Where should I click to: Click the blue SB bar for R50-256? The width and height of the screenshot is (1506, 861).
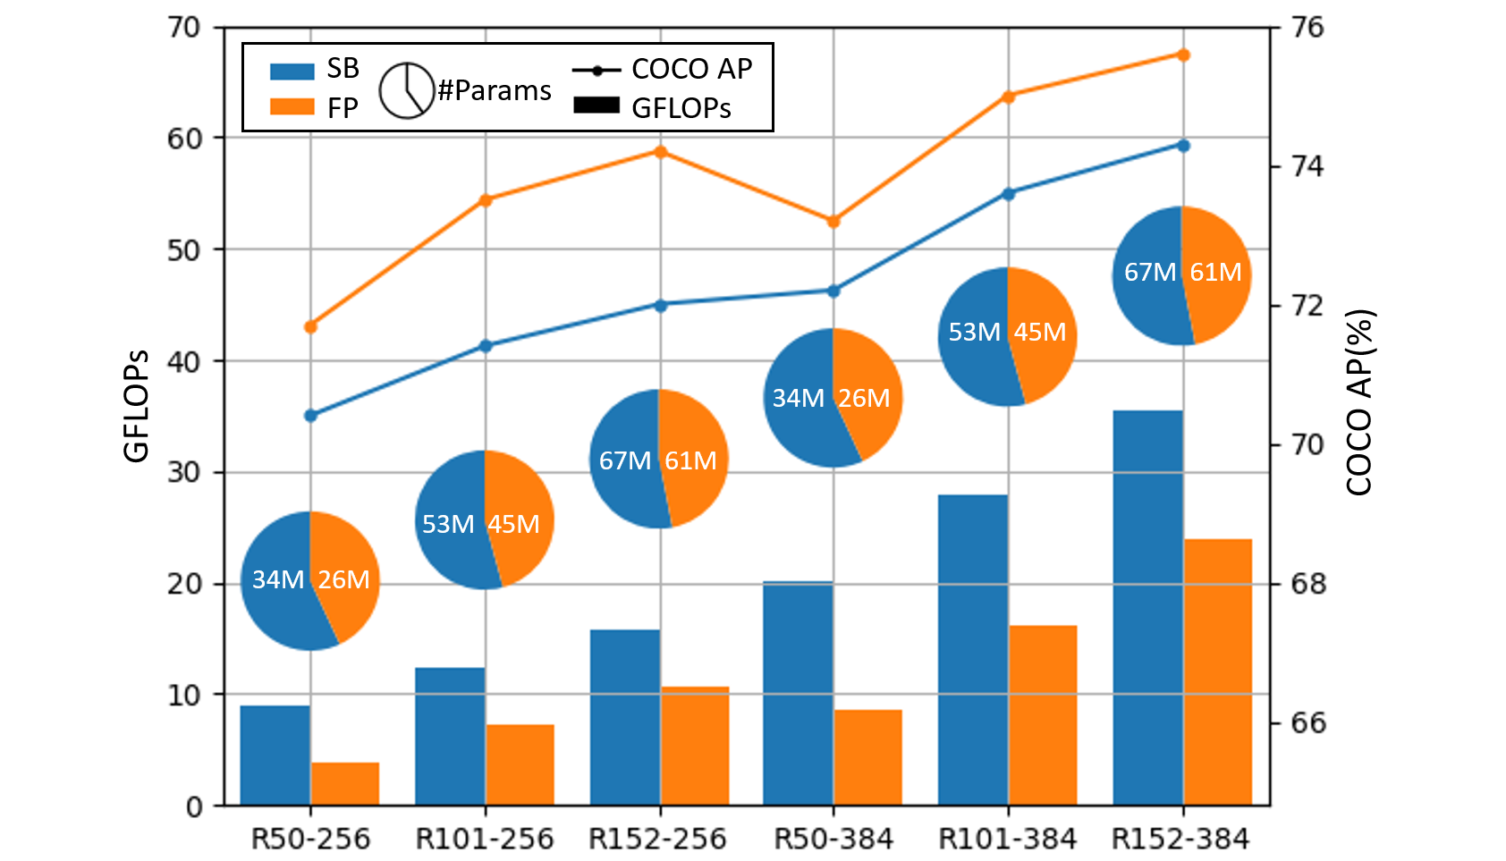point(275,755)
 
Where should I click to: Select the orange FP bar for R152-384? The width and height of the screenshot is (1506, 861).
point(1217,671)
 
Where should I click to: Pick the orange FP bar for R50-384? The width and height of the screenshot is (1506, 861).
point(867,757)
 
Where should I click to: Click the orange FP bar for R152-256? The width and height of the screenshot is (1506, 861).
point(695,746)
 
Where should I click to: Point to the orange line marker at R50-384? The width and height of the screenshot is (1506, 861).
point(833,221)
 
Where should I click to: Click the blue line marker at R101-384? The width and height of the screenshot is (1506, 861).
point(1008,193)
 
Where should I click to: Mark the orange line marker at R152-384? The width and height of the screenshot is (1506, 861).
point(1183,55)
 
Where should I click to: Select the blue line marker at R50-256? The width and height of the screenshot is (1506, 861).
point(310,415)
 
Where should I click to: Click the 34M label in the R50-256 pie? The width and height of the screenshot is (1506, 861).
point(277,579)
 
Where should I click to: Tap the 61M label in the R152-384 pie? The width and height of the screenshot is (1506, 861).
point(1215,272)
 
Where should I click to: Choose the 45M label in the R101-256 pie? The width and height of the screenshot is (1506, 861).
point(513,524)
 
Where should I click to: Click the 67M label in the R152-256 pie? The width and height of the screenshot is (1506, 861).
point(625,460)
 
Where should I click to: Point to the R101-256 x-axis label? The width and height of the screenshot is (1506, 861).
point(485,839)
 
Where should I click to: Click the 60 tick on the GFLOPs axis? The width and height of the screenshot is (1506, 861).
point(183,139)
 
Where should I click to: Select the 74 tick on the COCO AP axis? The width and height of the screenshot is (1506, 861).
point(1307,166)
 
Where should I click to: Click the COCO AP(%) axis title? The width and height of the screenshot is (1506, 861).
point(1358,402)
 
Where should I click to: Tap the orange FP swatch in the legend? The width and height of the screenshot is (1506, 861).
point(292,107)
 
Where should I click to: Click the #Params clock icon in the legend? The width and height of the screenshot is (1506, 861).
point(407,90)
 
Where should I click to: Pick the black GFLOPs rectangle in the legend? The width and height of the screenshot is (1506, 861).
point(596,106)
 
